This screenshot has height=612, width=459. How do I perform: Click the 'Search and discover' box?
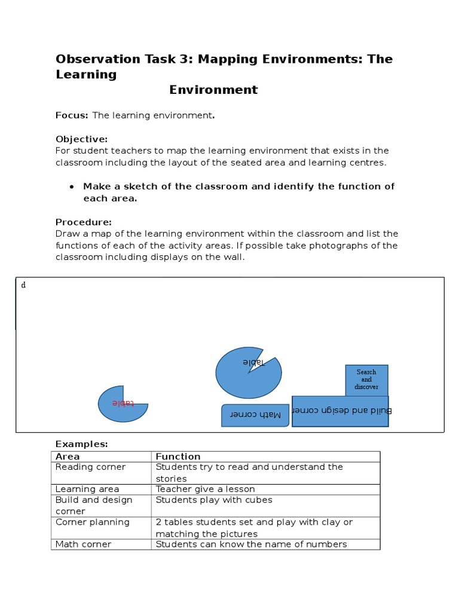coord(366,380)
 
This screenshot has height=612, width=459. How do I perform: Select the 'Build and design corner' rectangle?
coord(340,411)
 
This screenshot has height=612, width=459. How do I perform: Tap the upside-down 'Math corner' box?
coord(255,415)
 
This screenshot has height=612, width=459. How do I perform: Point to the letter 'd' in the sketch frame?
coord(23,285)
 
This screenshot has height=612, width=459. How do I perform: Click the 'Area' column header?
coord(68,457)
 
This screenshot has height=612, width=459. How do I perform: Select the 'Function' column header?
coord(178,457)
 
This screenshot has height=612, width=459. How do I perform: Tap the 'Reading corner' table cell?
coord(91,467)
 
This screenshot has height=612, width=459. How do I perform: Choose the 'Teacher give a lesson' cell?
coord(205,489)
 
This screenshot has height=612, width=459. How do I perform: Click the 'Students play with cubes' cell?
coord(213,500)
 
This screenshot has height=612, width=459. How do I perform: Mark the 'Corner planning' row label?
coord(93,522)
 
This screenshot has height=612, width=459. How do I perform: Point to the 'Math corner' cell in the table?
coord(83,544)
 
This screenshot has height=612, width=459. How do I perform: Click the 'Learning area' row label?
coord(87,489)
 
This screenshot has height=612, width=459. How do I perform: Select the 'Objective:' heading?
coord(81,139)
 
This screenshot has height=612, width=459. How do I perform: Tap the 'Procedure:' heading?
coord(84,222)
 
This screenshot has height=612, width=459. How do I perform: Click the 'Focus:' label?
coord(72,115)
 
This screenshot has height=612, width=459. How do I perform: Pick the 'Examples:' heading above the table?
coord(81,444)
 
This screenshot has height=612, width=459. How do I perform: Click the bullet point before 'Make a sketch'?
coord(72,186)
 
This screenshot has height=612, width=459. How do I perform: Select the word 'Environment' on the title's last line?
coord(213,90)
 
